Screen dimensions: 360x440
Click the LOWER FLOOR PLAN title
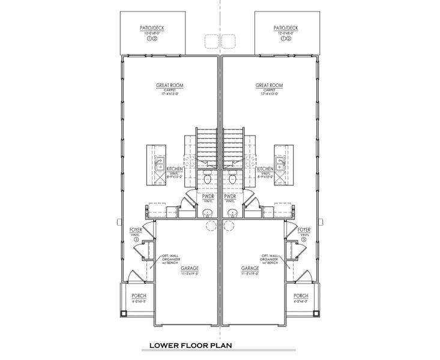(190, 346)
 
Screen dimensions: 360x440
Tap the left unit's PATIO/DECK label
(150, 28)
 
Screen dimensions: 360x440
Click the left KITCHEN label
(175, 169)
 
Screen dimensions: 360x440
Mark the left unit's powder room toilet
(206, 178)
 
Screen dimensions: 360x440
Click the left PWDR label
(208, 196)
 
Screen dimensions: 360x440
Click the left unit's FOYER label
(136, 230)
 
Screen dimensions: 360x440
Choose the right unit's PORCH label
(301, 296)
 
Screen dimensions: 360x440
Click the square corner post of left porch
(125, 312)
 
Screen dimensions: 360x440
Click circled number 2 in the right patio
(288, 39)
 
